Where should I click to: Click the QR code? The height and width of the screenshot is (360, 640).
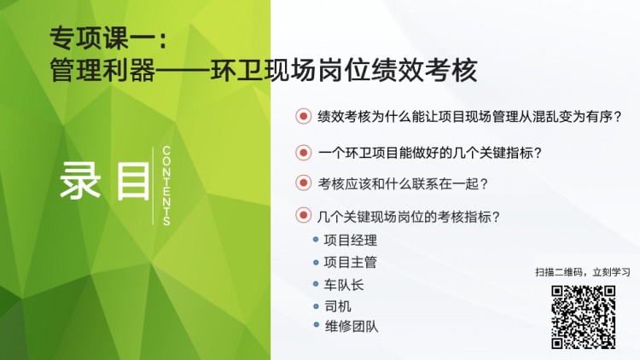tap(584, 316)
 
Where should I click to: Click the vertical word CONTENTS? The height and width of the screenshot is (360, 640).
tap(166, 186)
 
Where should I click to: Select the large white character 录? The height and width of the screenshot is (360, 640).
tap(80, 181)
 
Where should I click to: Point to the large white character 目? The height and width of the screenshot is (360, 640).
tap(133, 181)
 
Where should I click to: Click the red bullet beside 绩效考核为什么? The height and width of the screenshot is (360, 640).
tap(303, 116)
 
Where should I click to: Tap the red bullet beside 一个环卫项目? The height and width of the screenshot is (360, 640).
tap(303, 153)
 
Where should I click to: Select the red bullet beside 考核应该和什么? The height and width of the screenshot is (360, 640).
tap(303, 183)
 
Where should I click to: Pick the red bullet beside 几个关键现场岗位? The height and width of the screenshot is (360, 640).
tap(303, 215)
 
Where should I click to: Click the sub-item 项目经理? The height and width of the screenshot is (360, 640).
tap(350, 241)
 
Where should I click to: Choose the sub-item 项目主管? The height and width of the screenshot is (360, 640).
tap(350, 262)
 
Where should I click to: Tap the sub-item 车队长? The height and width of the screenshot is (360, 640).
tap(344, 284)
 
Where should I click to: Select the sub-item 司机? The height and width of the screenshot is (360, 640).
tap(338, 306)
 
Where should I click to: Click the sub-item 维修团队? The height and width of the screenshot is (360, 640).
tap(352, 326)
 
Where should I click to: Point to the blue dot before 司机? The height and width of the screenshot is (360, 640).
tap(316, 305)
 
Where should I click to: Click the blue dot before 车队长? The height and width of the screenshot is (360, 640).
tap(316, 284)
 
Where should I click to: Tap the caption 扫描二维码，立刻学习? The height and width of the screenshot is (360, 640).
tap(583, 272)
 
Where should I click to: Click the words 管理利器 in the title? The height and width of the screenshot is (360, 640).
tap(102, 70)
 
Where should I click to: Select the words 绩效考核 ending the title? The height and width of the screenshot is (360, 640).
tap(424, 70)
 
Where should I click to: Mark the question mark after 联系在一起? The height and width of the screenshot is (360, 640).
tap(484, 184)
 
